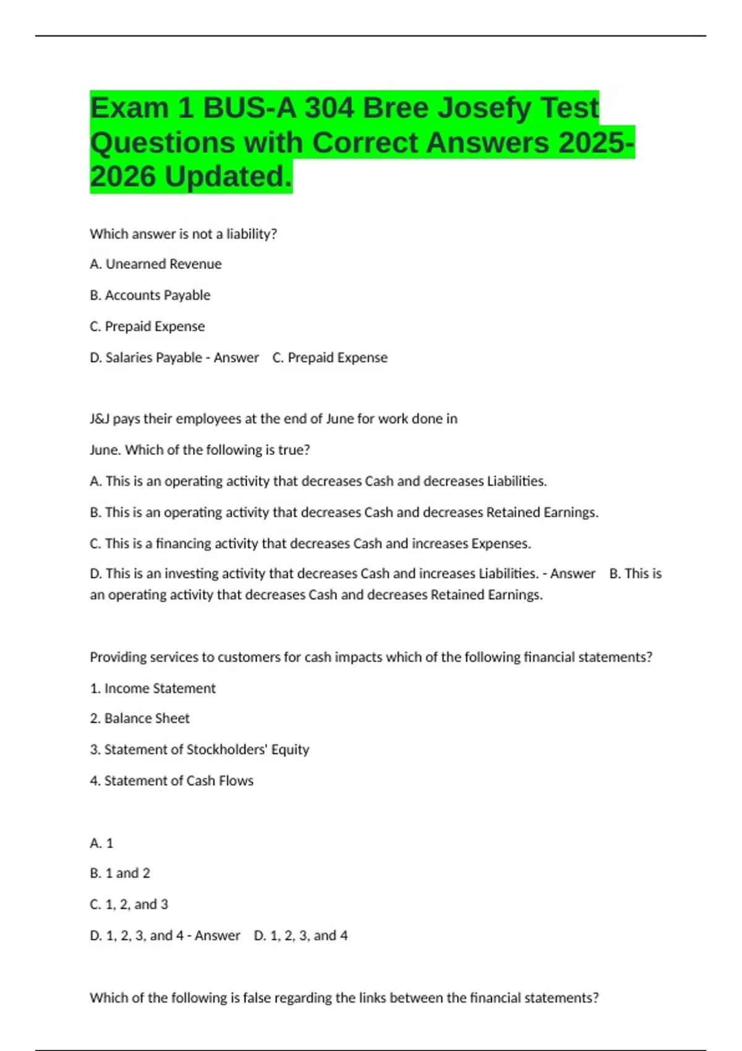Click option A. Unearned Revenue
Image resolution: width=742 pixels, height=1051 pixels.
coord(155,264)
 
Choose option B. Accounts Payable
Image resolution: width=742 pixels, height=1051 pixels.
coord(150,296)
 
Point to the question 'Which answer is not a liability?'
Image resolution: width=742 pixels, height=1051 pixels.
coord(183,234)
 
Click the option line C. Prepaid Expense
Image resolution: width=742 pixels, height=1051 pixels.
coord(147,326)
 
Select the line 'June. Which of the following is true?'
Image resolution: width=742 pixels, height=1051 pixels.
coord(200,449)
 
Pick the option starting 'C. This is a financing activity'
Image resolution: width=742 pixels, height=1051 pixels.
coord(310,543)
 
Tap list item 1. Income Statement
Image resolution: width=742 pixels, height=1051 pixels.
coord(153,688)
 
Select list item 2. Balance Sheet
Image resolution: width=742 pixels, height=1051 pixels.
coord(140,718)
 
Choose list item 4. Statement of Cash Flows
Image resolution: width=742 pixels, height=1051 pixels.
coord(171,781)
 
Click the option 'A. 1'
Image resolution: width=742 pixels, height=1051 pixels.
coord(101,843)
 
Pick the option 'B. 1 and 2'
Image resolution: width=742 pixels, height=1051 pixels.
coord(120,873)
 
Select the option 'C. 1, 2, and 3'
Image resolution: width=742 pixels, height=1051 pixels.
coord(129,904)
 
